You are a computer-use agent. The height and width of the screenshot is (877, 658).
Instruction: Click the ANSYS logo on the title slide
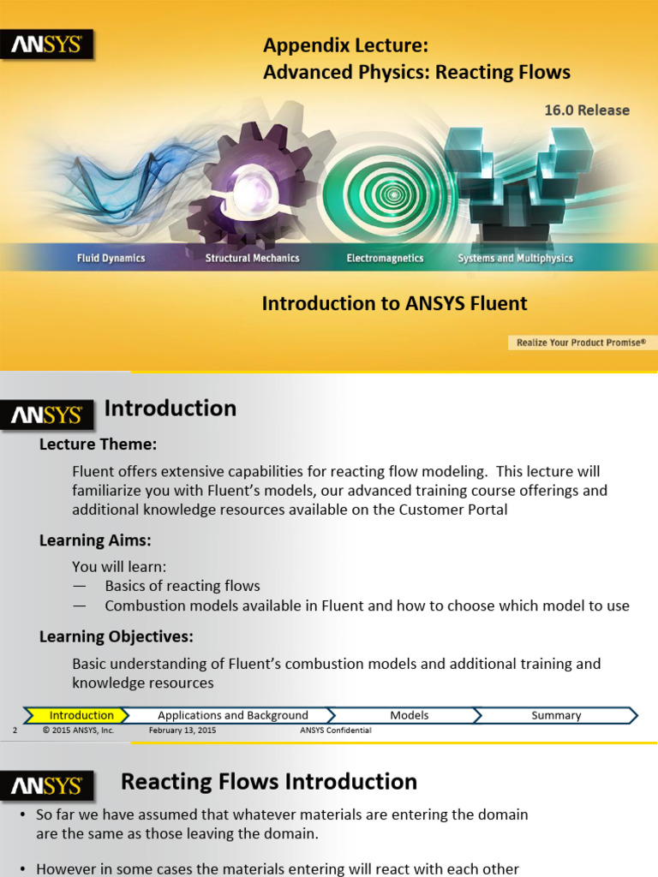click(46, 45)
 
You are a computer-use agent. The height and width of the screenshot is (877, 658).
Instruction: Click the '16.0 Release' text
click(586, 110)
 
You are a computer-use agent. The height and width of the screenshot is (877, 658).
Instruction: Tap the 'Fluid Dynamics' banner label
click(111, 258)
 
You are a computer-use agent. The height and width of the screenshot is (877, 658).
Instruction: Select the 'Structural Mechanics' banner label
click(252, 258)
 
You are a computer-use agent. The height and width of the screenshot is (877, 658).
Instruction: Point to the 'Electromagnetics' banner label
click(385, 258)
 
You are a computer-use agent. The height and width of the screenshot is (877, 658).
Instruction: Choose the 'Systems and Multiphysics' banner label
click(515, 258)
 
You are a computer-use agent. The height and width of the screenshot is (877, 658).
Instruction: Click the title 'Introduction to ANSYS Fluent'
click(394, 303)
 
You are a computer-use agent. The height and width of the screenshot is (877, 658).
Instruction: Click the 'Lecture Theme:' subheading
click(98, 444)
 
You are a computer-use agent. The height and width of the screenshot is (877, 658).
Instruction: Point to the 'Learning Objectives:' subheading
click(116, 636)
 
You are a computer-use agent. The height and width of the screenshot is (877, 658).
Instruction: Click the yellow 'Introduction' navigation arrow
click(80, 715)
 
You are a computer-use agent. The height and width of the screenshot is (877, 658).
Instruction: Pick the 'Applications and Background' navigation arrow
click(232, 715)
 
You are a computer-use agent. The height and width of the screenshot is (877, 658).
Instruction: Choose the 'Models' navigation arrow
click(409, 715)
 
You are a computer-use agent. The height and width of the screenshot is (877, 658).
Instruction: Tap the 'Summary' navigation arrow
click(556, 715)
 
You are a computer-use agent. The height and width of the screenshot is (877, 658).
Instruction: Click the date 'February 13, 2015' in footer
click(182, 731)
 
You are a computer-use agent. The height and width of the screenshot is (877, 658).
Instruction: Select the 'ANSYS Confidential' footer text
click(335, 731)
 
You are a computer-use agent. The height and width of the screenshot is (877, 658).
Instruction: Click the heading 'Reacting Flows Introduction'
click(268, 781)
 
